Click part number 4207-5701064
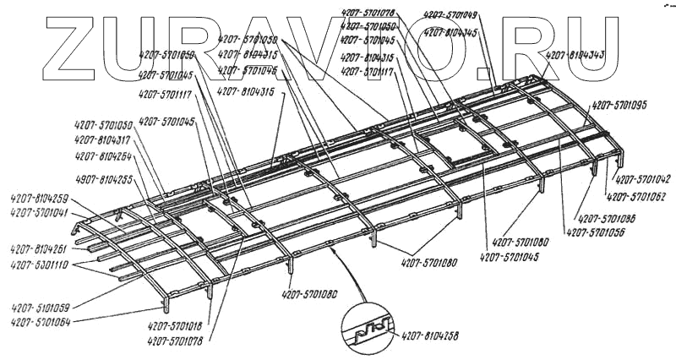pyautogui.click(x=41, y=321)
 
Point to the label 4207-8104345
pyautogui.click(x=451, y=32)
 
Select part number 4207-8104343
pyautogui.click(x=575, y=55)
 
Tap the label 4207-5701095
pyautogui.click(x=619, y=105)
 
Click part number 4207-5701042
pyautogui.click(x=641, y=180)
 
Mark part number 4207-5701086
pyautogui.click(x=608, y=216)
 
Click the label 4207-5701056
pyautogui.click(x=596, y=232)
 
